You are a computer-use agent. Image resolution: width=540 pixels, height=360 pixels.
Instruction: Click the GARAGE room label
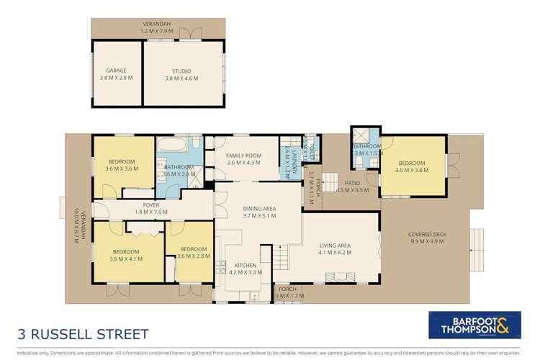[x=116, y=71]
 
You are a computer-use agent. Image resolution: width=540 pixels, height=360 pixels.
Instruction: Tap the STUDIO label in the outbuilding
[x=181, y=71]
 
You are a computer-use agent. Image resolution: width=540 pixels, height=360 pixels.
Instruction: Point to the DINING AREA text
[x=260, y=209]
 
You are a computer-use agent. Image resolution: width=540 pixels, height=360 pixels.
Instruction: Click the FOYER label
[x=150, y=205]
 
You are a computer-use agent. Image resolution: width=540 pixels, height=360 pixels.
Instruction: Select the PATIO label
[x=352, y=183]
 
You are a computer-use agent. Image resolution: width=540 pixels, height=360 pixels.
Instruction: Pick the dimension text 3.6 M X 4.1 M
[x=125, y=259]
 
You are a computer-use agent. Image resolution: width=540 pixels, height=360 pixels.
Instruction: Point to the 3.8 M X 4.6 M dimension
[x=181, y=78]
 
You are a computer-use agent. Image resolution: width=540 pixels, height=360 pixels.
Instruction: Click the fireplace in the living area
[x=339, y=276]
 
